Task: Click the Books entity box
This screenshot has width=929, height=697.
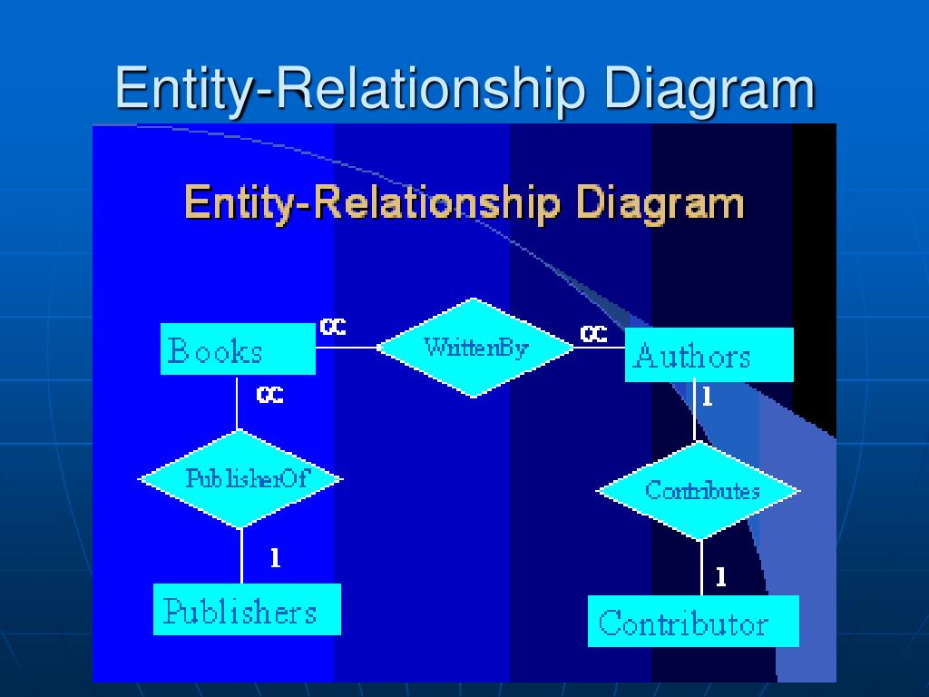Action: (x=238, y=349)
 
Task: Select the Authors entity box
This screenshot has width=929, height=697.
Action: (x=709, y=355)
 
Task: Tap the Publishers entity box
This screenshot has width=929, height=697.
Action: (x=247, y=610)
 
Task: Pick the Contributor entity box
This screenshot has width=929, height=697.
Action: (x=693, y=622)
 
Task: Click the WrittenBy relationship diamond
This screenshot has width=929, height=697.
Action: (x=474, y=348)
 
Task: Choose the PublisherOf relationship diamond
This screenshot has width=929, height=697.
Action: (x=240, y=478)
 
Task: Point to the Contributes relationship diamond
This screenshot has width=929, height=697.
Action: (x=699, y=491)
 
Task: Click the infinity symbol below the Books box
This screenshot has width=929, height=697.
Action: (x=269, y=396)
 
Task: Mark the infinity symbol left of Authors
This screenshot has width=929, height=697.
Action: (x=593, y=336)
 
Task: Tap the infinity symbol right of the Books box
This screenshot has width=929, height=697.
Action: (x=333, y=328)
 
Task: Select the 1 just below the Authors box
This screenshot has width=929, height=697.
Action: (x=708, y=398)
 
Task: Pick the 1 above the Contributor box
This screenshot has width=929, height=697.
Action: (x=720, y=577)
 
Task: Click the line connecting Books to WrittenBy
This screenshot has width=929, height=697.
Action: (x=347, y=348)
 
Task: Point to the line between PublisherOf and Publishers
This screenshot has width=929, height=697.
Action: (x=241, y=555)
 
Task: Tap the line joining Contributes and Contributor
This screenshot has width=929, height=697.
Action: (x=701, y=568)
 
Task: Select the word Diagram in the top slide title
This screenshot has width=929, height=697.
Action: (x=709, y=89)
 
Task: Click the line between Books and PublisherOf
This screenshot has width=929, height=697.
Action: (x=238, y=403)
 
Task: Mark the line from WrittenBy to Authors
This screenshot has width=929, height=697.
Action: (x=599, y=348)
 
